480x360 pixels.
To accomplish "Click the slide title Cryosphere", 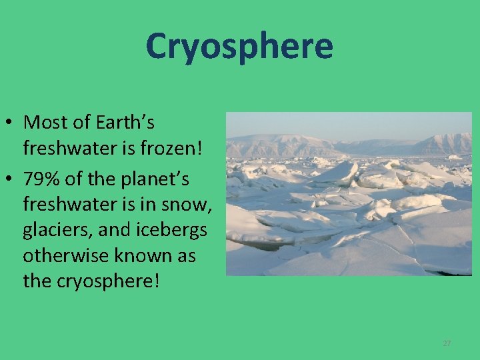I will click(x=239, y=46).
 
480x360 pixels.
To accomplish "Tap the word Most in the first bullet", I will click(x=43, y=123).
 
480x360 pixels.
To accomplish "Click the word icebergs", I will click(x=173, y=231).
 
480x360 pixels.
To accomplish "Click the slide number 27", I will click(x=447, y=343).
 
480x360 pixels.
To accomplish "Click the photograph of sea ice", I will click(x=349, y=200).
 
